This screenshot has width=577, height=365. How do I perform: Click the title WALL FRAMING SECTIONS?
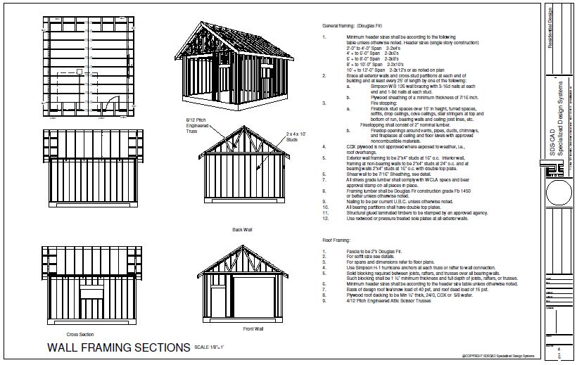tap(118, 347)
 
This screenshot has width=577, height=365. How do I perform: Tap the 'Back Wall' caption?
tap(242, 229)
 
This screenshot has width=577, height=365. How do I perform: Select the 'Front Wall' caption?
tap(253, 328)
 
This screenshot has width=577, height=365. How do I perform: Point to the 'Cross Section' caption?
tap(80, 334)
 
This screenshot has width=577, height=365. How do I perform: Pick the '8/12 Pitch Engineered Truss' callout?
tap(188, 127)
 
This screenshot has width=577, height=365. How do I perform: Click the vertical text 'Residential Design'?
tap(550, 29)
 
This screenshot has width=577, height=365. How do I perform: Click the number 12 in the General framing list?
tap(325, 219)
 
